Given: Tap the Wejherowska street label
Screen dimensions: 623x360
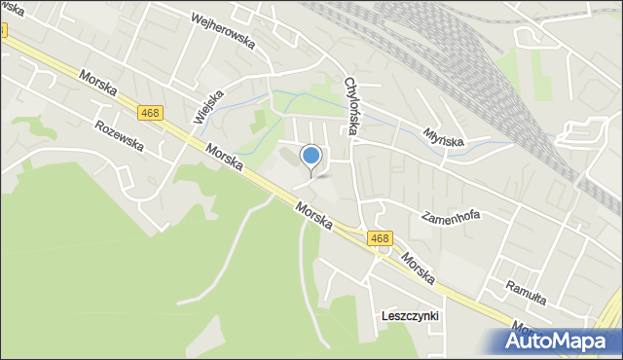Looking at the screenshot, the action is coord(223,18).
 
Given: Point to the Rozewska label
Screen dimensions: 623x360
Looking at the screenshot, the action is coord(119,136).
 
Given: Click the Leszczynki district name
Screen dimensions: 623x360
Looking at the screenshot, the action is coord(411,316).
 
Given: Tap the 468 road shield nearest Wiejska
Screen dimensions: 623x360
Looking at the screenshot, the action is coord(149,113).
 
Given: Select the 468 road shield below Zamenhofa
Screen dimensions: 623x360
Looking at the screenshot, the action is coord(380,237).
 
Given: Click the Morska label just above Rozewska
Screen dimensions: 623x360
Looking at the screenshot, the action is coord(99,88).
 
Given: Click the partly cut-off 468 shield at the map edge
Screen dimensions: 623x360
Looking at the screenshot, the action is coord(3,29).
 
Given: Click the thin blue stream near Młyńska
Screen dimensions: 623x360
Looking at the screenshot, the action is coord(487,143).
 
